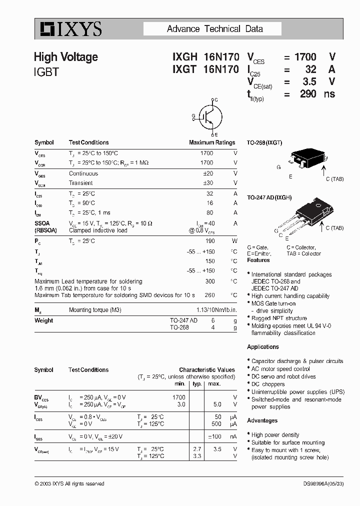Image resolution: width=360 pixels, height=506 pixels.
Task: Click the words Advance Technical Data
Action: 214,29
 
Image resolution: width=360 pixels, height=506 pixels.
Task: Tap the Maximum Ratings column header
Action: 211,142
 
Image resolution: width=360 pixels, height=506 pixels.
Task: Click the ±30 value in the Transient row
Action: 208,183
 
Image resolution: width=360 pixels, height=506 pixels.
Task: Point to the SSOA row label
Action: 42,223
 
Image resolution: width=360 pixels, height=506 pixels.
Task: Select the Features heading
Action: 258,260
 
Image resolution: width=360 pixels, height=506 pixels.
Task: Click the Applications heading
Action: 263,347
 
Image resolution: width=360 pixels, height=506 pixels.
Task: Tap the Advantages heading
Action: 262,420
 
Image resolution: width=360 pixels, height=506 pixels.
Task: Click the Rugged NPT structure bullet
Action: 279,318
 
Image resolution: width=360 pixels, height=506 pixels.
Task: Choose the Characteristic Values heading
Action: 206,370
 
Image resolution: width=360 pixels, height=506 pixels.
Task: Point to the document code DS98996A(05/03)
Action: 323,483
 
